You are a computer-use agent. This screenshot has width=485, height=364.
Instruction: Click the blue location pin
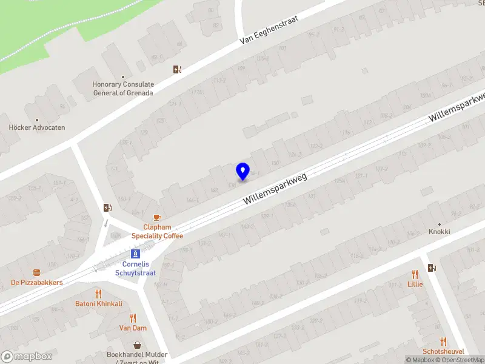[x=242, y=171]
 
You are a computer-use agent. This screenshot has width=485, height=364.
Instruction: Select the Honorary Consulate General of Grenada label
[x=123, y=89]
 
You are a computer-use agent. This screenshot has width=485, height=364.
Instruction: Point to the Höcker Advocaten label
[x=37, y=128]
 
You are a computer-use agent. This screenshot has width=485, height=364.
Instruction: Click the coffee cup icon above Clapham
[x=157, y=217]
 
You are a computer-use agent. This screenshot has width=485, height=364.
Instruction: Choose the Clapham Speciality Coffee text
[x=158, y=231]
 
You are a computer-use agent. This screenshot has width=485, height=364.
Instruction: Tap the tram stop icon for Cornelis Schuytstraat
[x=136, y=254]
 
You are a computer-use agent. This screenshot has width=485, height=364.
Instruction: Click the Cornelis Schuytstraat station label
[x=136, y=268]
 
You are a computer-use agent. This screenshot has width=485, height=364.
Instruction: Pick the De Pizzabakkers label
[x=36, y=283]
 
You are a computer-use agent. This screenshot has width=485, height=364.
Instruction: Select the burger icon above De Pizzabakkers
[x=36, y=273]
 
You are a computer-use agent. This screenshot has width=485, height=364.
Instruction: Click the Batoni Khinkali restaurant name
[x=98, y=303]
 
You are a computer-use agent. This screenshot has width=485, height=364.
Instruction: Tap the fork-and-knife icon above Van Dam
[x=133, y=318]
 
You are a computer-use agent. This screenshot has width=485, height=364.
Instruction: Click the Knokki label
[x=440, y=232]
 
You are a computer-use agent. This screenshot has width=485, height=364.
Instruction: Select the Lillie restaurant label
[x=415, y=284]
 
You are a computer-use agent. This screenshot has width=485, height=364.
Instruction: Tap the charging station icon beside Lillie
[x=432, y=268]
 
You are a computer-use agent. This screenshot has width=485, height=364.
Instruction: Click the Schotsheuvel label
[x=444, y=351]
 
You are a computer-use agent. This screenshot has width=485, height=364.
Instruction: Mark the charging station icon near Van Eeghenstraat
[x=177, y=69]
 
